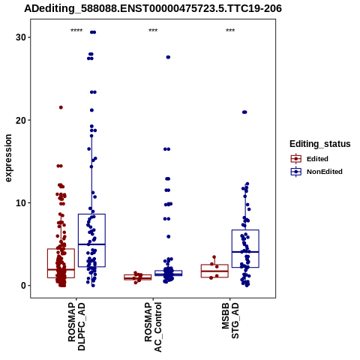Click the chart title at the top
click(153, 8)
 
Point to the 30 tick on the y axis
click(21, 37)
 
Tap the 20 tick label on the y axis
click(21, 120)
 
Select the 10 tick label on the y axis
click(21, 203)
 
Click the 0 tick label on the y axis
click(23, 286)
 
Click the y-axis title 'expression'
click(8, 158)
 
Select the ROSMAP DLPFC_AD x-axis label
click(76, 326)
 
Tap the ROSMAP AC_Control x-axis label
click(153, 327)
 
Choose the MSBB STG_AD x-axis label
click(230, 321)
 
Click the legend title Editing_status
click(320, 144)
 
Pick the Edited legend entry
click(310, 159)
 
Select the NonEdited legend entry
click(316, 172)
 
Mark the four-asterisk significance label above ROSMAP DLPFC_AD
click(76, 31)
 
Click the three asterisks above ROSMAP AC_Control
click(153, 31)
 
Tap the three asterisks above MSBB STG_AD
click(230, 31)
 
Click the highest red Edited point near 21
click(61, 107)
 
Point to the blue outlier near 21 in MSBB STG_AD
click(244, 112)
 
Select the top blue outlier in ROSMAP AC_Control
click(168, 57)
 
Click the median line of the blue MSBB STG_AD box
click(245, 252)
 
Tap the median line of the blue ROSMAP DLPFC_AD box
click(91, 244)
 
